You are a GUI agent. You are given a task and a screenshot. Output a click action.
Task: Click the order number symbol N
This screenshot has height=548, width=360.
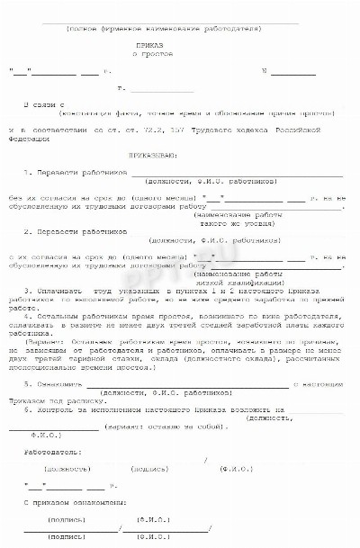(x=263, y=70)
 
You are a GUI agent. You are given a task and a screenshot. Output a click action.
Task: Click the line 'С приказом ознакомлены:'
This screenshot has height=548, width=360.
(x=66, y=499)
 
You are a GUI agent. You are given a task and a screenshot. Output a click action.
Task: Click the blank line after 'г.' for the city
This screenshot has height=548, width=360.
(x=162, y=91)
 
